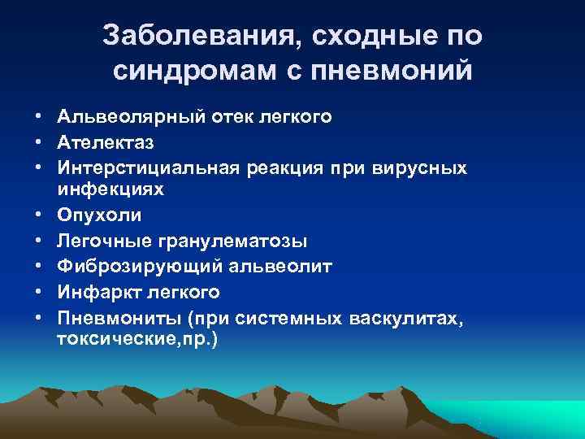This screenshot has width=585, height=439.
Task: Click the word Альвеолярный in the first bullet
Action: point(120,117)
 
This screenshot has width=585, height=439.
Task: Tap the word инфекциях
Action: point(110,189)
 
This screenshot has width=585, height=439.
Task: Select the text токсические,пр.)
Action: point(137,338)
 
